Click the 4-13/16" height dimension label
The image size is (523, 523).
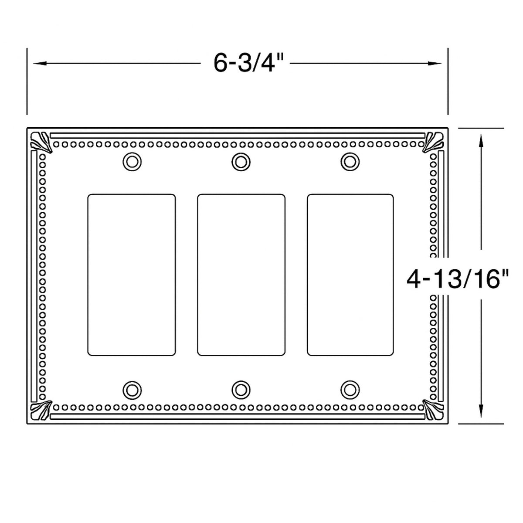(458, 279)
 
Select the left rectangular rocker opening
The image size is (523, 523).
(132, 275)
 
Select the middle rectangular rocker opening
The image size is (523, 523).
(241, 275)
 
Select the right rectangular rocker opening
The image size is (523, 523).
(350, 275)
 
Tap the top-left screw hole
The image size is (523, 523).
(132, 162)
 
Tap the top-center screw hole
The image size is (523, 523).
(240, 162)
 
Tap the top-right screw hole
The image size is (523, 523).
(349, 162)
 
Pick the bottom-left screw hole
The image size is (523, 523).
(132, 389)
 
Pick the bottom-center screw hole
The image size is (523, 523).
(240, 389)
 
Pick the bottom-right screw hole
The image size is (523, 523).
(349, 389)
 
